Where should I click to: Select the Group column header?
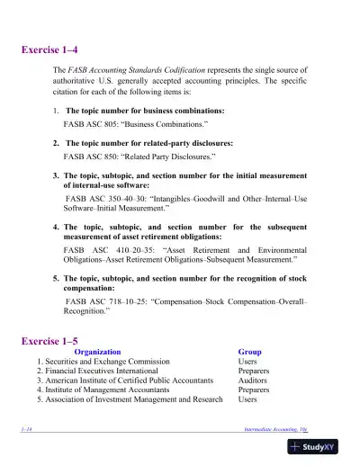[x=249, y=352]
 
